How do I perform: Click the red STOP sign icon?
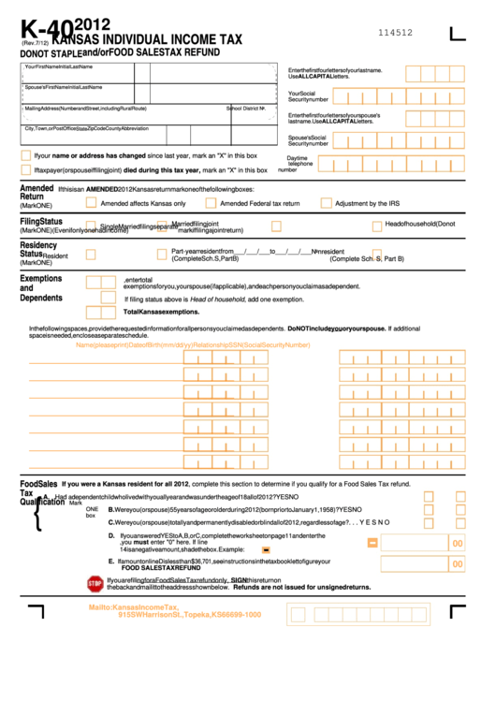coord(95,584)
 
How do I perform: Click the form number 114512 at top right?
coord(395,32)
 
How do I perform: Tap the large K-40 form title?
coord(45,29)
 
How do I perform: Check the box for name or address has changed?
coord(26,155)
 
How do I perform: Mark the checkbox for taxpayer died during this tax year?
coord(26,170)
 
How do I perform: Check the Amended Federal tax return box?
coord(209,202)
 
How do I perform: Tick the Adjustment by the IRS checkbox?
coord(326,202)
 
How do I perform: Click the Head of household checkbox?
coord(376,226)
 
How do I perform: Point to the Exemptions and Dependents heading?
coord(41,288)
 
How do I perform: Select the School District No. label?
coord(246,108)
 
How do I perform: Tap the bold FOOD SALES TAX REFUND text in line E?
coord(161,567)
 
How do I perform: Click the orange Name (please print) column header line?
coord(193,344)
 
